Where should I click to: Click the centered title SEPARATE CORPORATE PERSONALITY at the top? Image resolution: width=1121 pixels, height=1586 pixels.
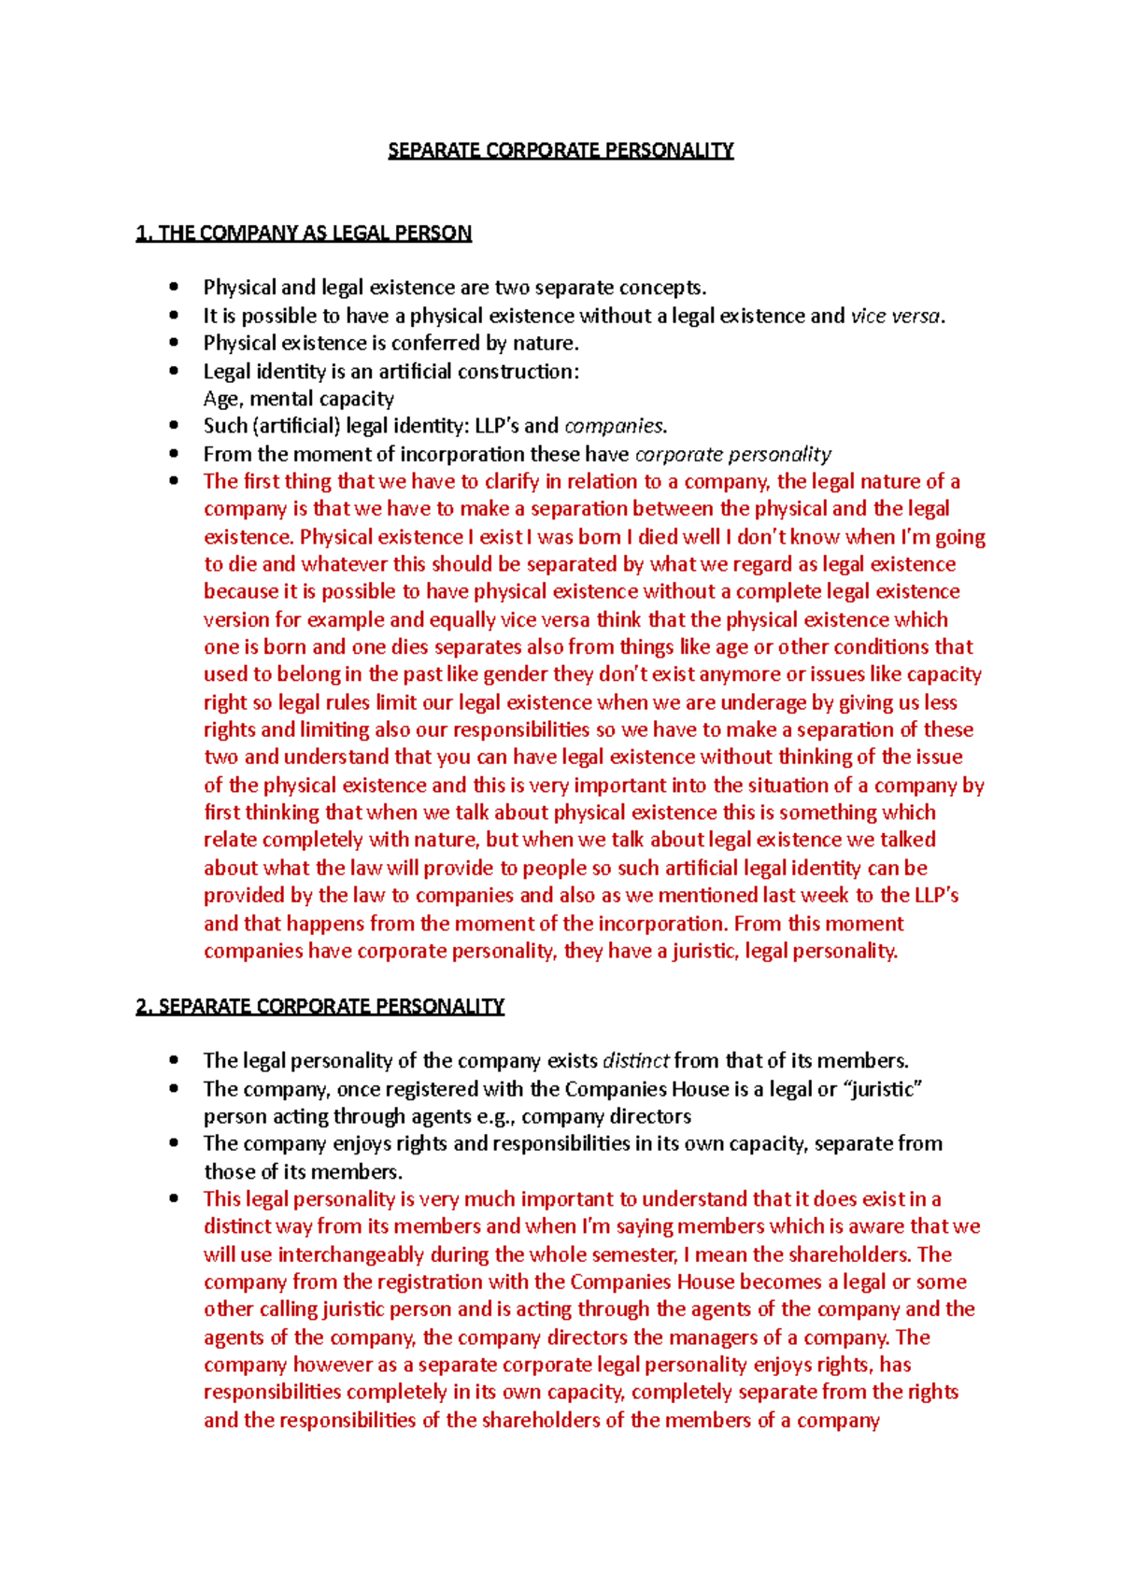[x=560, y=150]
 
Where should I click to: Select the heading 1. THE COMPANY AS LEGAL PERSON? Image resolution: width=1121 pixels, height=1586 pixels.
[x=304, y=234]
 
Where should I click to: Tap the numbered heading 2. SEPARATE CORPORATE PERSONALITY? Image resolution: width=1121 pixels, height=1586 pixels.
[x=319, y=1006]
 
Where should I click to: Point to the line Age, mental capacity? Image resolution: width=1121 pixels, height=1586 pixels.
[x=299, y=399]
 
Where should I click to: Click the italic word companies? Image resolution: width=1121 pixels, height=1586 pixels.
[x=615, y=426]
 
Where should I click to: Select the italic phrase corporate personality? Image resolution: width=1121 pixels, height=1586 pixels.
[x=732, y=454]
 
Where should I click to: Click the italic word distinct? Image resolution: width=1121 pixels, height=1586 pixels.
[x=636, y=1061]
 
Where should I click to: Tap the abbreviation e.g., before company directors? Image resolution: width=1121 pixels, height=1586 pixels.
[x=495, y=1116]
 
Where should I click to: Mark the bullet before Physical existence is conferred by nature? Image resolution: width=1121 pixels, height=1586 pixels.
[x=173, y=343]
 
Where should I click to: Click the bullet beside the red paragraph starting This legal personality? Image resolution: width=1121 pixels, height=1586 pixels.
[x=173, y=1199]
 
